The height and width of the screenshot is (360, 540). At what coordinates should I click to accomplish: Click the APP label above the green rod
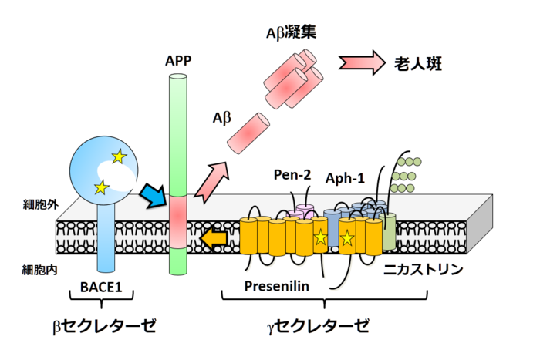[178, 59]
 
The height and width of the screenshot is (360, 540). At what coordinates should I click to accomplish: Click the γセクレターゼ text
[317, 325]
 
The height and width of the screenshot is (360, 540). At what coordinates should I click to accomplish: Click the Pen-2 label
[294, 174]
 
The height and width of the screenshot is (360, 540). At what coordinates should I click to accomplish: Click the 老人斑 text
[426, 62]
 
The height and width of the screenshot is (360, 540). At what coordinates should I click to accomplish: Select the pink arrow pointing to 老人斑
[361, 62]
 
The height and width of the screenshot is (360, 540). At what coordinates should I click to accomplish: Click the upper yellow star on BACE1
[118, 157]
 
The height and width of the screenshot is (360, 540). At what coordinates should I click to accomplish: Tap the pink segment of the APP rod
[178, 220]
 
